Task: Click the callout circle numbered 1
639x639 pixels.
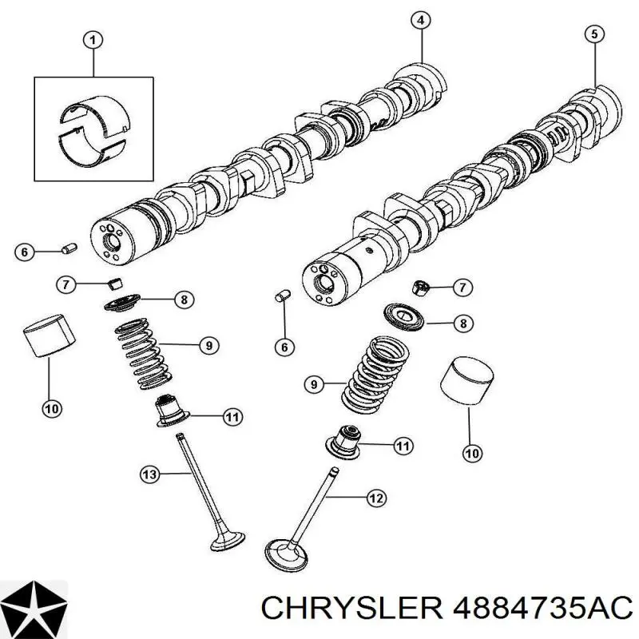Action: coord(93,39)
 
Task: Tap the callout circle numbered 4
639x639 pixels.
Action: coord(421,21)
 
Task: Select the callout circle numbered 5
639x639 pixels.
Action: coord(593,34)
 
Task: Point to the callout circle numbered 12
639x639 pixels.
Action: coord(375,498)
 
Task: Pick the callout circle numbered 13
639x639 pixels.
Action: coord(149,475)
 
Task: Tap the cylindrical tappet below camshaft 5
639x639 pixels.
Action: coord(467,381)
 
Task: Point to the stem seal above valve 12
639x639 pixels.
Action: coord(345,438)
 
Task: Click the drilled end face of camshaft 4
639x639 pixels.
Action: coord(110,239)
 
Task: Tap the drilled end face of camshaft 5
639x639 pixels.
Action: coord(323,281)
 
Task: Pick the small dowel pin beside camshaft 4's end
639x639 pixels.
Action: coord(69,251)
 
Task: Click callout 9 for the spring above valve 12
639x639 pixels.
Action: coord(313,385)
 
